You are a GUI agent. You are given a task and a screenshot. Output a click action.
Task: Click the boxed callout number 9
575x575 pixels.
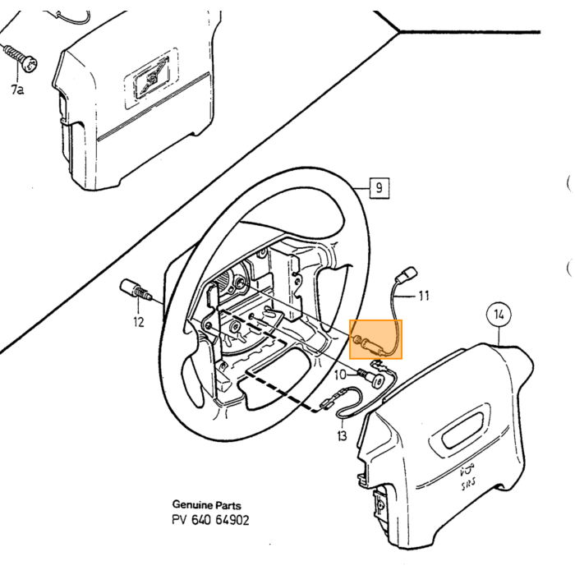[379, 188]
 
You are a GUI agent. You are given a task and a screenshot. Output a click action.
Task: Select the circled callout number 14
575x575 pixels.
[499, 315]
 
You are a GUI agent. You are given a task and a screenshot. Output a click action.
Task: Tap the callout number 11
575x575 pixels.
[424, 296]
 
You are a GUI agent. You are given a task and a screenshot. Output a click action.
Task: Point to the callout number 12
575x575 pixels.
[139, 322]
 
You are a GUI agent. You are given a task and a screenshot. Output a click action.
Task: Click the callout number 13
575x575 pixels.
[342, 435]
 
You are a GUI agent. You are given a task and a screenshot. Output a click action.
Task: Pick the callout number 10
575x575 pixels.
[340, 375]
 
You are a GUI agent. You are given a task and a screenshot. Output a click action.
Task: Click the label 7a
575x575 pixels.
[17, 89]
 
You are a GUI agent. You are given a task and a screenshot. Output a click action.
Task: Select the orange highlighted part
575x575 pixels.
[376, 339]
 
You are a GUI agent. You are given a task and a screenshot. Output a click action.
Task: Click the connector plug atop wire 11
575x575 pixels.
[407, 274]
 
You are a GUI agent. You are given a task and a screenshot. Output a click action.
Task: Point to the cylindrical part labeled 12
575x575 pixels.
[136, 290]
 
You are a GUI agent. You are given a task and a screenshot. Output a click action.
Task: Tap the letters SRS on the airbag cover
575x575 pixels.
[469, 485]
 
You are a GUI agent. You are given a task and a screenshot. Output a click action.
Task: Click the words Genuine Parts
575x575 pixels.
[207, 505]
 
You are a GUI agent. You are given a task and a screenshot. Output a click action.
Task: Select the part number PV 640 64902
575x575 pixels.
[210, 520]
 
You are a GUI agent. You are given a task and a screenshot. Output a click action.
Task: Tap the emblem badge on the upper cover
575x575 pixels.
[151, 78]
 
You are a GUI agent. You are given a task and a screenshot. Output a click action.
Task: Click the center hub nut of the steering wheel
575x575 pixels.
[240, 283]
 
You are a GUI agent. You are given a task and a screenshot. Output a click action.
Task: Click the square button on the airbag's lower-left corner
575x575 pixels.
[380, 504]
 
